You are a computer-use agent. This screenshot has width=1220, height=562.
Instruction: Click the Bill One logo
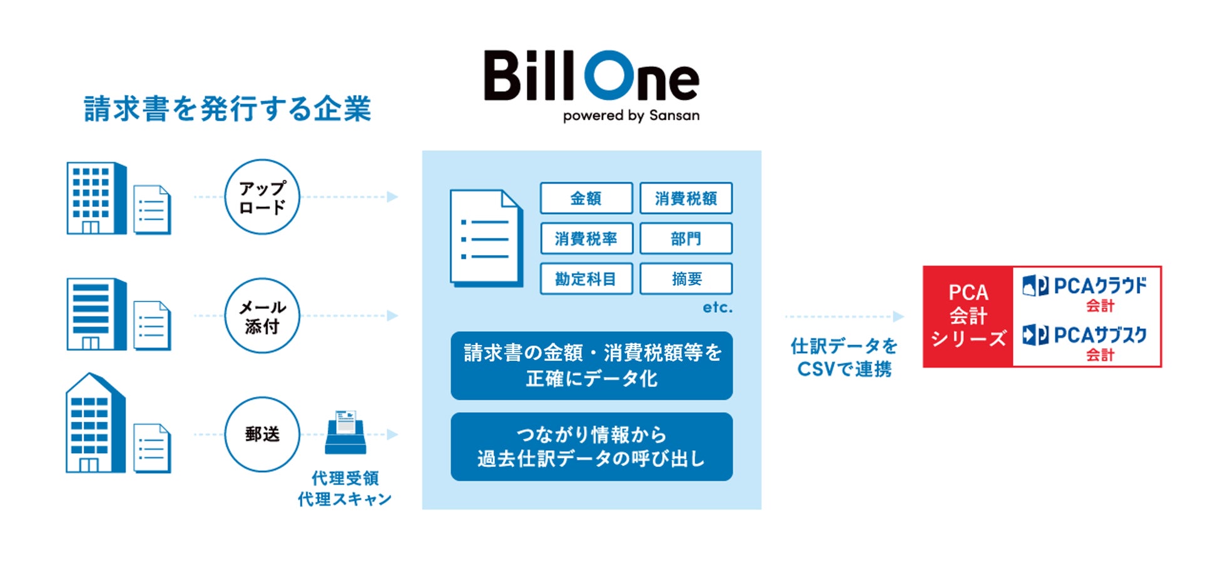[591, 76]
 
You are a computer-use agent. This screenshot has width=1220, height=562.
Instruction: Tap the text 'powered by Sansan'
[631, 116]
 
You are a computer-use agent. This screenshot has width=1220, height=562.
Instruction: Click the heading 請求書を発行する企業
[228, 109]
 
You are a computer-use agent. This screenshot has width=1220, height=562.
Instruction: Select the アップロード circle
[262, 197]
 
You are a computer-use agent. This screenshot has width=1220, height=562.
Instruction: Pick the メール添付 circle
[262, 316]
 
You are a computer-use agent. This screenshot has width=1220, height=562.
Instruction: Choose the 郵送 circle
[262, 434]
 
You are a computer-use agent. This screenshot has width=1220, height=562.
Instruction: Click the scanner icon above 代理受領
[345, 432]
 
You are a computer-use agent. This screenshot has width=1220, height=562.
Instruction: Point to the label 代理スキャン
[345, 499]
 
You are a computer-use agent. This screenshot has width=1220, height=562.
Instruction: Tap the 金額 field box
[586, 198]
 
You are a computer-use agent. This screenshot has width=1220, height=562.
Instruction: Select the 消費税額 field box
[686, 198]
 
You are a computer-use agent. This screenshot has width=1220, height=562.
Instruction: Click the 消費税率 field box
[586, 238]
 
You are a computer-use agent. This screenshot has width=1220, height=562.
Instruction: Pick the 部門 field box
[686, 238]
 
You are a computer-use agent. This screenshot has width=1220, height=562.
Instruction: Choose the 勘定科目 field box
[586, 278]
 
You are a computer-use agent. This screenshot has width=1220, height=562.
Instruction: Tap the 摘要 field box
[686, 278]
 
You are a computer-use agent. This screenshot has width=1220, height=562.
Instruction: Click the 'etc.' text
[717, 307]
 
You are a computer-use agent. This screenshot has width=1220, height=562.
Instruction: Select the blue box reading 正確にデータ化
[591, 366]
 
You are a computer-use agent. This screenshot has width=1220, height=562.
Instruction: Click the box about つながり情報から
[591, 446]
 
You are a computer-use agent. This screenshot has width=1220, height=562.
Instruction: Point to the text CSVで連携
[844, 369]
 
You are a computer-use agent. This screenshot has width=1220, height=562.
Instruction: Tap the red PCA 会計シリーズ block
[968, 316]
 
